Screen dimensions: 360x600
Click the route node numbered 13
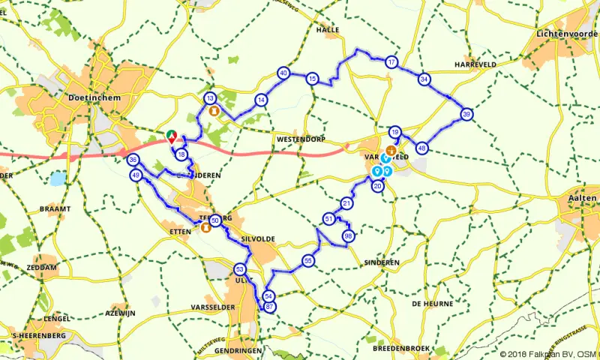pos(211,98)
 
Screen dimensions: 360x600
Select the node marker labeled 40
pos(283,73)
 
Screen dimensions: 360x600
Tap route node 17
pos(391,62)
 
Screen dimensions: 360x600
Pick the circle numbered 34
pos(425,79)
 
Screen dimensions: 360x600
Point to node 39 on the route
pos(466,115)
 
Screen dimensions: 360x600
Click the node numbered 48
pos(422,148)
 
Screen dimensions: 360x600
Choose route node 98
pos(348,236)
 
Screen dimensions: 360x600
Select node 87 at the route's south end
pos(270,307)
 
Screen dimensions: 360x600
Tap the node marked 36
pos(133,160)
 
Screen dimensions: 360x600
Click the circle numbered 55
pos(308,260)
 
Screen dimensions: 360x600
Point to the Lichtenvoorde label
pos(567,34)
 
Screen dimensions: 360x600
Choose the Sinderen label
pos(381,263)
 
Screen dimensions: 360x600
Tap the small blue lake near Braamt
pos(58,179)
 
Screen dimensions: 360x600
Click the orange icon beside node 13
pos(214,112)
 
